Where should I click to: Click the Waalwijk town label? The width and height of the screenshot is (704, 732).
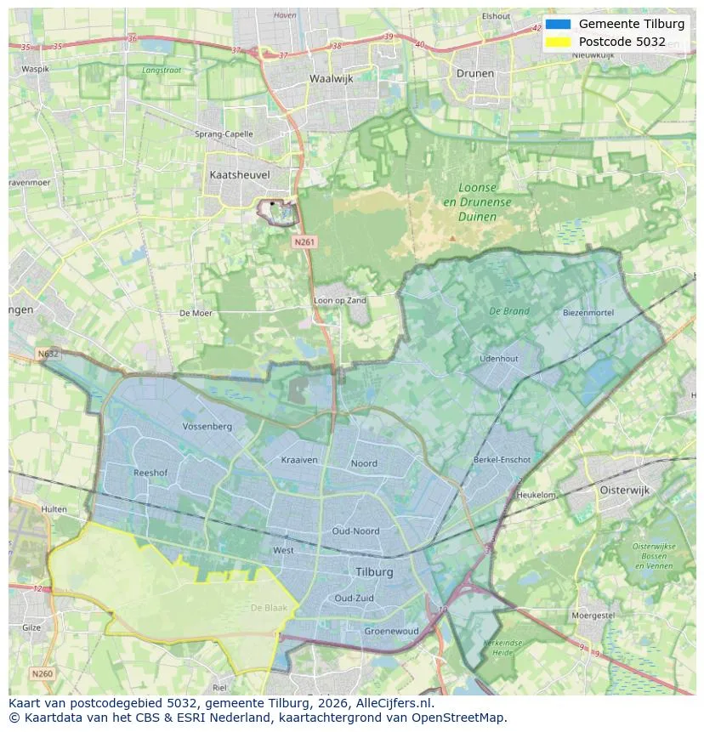tap(331, 78)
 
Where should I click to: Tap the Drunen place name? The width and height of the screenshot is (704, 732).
tap(474, 73)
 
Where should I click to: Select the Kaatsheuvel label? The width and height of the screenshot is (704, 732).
tap(239, 174)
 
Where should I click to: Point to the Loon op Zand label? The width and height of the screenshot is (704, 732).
tap(340, 300)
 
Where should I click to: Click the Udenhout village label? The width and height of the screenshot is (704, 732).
tap(498, 359)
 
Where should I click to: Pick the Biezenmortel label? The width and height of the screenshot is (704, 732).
tap(588, 313)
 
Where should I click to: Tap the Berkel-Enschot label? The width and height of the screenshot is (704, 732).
tap(502, 460)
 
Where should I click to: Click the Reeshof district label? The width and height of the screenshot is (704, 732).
tap(150, 472)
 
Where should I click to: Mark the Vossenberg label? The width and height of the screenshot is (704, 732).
tap(207, 426)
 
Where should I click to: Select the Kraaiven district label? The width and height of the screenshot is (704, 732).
tap(299, 460)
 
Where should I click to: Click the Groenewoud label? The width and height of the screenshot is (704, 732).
tap(391, 632)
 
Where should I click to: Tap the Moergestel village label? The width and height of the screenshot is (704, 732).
tap(593, 615)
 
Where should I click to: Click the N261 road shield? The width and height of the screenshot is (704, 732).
tap(304, 242)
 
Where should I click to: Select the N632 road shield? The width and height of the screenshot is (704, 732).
tap(48, 354)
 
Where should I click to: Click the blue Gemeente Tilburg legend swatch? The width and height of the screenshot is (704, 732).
tap(558, 24)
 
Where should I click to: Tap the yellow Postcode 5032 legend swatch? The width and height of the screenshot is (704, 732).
tap(558, 42)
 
